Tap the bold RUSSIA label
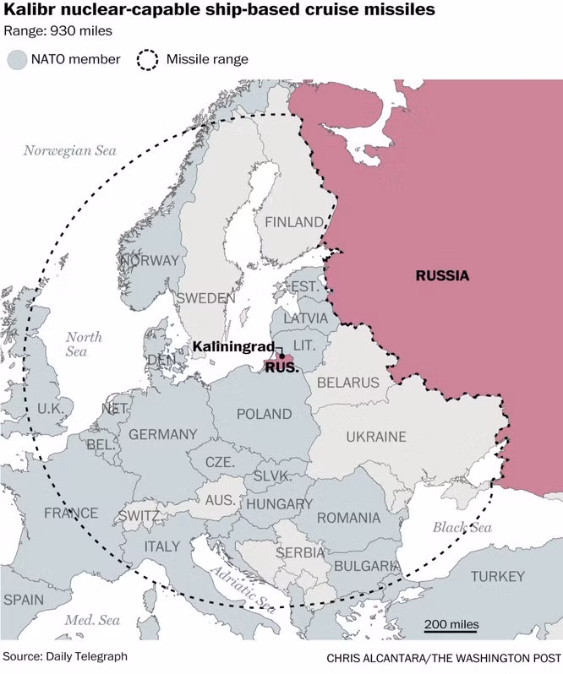pyautogui.click(x=441, y=275)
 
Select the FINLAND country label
pyautogui.click(x=294, y=222)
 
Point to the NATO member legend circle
pyautogui.click(x=18, y=59)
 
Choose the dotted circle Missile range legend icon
pyautogui.click(x=148, y=59)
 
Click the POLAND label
pyautogui.click(x=264, y=415)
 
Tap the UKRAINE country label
pyautogui.click(x=375, y=437)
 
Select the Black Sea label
pyautogui.click(x=462, y=527)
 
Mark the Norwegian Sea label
pyautogui.click(x=69, y=150)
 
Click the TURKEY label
pyautogui.click(x=498, y=576)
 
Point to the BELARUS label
pyautogui.click(x=348, y=383)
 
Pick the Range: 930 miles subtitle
pyautogui.click(x=57, y=31)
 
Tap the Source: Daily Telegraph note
pyautogui.click(x=65, y=655)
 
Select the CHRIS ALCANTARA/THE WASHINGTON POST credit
pyautogui.click(x=443, y=657)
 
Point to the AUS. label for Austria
pyautogui.click(x=221, y=500)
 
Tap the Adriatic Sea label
pyautogui.click(x=240, y=588)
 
